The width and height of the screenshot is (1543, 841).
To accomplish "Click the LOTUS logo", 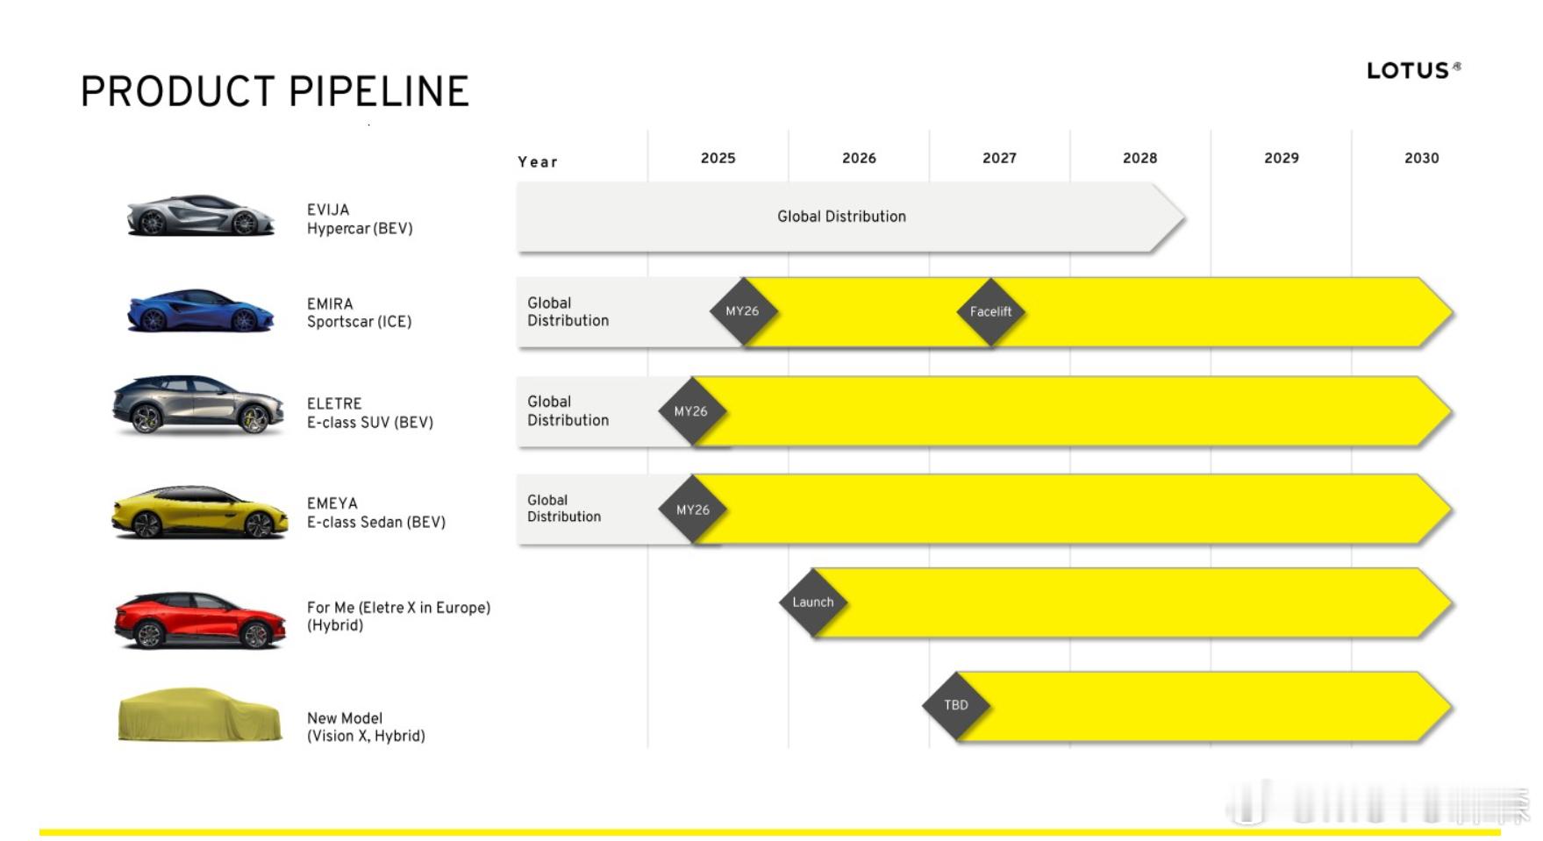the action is coord(1413,70).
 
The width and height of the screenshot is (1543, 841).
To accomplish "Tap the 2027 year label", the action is coord(999,158).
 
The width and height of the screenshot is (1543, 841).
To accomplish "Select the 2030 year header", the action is coord(1421,158).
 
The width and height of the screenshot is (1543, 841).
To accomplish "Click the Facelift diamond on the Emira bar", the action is coord(990,311).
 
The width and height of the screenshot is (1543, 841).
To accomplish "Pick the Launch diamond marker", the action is coord(813,602).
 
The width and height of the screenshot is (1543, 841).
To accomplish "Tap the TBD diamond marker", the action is coord(956,705).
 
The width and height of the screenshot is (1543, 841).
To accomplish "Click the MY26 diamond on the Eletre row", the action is coord(692,411).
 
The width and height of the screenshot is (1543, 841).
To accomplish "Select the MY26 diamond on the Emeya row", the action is coord(692,510).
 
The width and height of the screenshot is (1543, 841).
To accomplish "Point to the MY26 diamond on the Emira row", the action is coord(743,311).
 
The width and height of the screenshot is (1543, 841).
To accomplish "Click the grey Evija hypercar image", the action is coord(201,216).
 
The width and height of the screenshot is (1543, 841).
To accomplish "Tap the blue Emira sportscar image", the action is coord(201,310).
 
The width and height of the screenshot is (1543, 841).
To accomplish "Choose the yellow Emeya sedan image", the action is coord(200,512).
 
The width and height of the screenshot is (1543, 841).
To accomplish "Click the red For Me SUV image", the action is coord(200,620).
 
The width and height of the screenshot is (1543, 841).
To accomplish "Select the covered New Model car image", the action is coord(200,715).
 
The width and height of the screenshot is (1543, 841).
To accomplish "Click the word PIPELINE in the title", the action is coord(379,91).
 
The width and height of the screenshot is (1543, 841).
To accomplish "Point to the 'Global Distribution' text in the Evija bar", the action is coord(841,217).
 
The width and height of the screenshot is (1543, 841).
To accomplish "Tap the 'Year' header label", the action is coord(538,161).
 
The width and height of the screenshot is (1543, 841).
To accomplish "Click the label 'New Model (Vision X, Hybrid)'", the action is coord(366,727).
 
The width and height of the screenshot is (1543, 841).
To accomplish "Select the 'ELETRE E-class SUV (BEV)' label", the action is coord(370,413).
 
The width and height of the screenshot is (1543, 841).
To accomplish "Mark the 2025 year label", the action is coord(718,158).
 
